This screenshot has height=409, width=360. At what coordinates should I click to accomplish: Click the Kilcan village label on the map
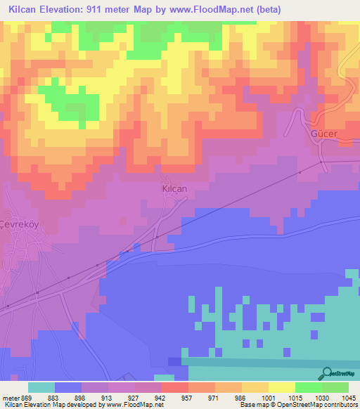(x=174, y=189)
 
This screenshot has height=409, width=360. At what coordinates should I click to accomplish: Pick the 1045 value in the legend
(x=349, y=397)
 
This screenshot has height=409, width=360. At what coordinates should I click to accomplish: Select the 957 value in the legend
(x=188, y=397)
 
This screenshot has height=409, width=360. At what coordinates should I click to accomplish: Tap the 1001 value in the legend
(x=269, y=397)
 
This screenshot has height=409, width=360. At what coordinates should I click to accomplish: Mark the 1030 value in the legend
(x=321, y=397)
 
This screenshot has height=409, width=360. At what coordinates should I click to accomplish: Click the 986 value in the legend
(x=242, y=397)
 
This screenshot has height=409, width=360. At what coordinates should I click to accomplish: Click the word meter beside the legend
(x=10, y=397)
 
